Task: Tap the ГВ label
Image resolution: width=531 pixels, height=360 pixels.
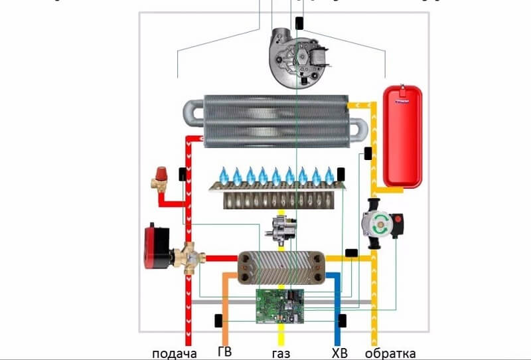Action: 225,352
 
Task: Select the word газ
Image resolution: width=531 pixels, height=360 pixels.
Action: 281,352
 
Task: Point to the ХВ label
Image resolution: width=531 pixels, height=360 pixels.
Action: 339,352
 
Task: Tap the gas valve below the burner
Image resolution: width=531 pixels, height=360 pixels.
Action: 281,230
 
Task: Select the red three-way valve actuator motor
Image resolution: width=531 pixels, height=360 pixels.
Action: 158,247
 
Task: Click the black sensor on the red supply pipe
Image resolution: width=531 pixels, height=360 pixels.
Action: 181,175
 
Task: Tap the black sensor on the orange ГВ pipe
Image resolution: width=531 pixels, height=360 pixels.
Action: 217,321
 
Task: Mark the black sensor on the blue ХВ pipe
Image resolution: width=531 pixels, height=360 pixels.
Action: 342,321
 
